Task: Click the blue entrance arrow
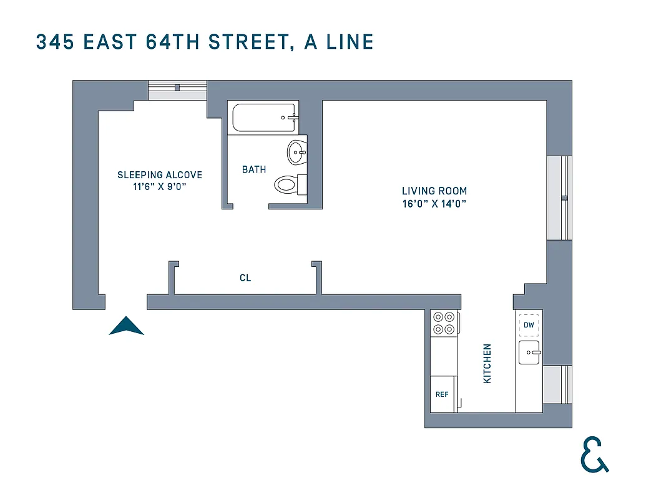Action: click(127, 326)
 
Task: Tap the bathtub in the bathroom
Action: click(263, 117)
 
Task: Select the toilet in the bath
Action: click(288, 184)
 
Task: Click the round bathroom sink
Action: click(296, 151)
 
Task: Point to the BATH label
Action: click(254, 169)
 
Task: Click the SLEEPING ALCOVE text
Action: click(160, 175)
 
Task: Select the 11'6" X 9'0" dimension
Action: click(160, 187)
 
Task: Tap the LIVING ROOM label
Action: click(434, 191)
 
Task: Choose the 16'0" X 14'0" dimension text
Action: click(434, 204)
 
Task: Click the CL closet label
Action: click(245, 277)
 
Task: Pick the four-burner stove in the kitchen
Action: click(444, 322)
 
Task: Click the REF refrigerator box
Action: click(443, 394)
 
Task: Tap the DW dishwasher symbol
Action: click(529, 325)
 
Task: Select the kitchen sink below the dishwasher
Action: click(529, 352)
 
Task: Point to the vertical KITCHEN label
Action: click(487, 363)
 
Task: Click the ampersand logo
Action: click(594, 454)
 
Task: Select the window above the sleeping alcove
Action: click(177, 90)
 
